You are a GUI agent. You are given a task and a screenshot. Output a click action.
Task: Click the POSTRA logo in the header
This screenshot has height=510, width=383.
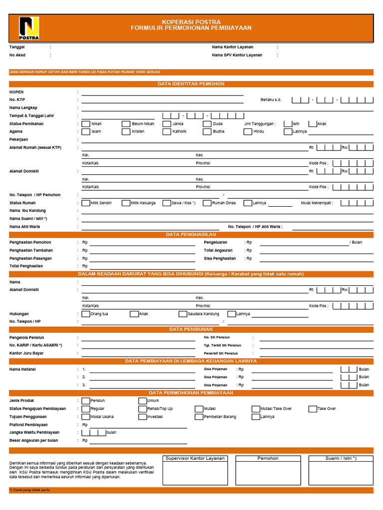(29, 28)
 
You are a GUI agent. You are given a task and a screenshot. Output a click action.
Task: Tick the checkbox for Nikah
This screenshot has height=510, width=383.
(86, 124)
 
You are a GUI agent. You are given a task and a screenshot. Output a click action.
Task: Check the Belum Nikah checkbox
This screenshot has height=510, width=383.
(127, 124)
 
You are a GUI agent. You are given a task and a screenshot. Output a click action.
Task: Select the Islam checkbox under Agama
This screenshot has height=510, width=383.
(86, 132)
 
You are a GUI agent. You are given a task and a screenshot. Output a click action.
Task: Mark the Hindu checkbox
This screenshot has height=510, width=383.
(248, 132)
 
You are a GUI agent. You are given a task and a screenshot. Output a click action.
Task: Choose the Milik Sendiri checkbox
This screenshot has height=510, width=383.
(86, 203)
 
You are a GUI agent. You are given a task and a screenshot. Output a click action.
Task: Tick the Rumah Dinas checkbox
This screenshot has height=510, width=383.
(207, 203)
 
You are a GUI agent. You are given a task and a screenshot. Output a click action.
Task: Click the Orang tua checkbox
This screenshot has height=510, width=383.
(86, 314)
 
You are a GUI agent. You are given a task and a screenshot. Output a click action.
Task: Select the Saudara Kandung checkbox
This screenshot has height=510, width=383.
(183, 314)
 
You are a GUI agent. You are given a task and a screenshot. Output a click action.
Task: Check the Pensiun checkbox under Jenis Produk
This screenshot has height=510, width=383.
(86, 401)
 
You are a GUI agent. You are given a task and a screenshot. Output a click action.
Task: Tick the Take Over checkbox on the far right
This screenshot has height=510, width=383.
(313, 409)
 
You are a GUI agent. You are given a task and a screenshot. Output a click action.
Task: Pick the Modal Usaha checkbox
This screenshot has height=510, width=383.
(86, 417)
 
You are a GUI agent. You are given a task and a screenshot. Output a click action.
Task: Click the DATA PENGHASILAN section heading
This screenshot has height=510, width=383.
(191, 234)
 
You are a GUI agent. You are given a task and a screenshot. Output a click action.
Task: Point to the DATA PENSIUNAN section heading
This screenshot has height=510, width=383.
(191, 329)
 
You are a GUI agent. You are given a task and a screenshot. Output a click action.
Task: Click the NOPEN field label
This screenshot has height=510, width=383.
(16, 92)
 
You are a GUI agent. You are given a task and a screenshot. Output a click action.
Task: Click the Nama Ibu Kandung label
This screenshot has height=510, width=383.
(27, 211)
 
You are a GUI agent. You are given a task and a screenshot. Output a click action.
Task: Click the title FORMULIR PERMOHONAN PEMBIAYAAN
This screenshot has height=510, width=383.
(191, 28)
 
